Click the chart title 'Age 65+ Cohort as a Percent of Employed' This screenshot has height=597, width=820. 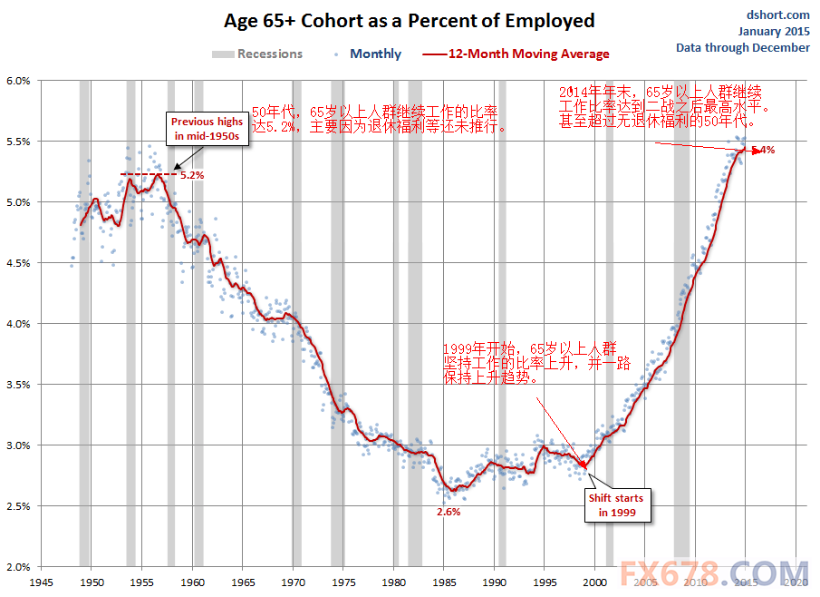click(410, 21)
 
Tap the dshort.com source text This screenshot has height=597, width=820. click(777, 15)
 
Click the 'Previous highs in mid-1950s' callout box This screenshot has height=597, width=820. click(207, 129)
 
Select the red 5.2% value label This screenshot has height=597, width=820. click(192, 175)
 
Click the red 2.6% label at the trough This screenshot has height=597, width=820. click(449, 512)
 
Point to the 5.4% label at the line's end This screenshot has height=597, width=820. click(763, 151)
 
